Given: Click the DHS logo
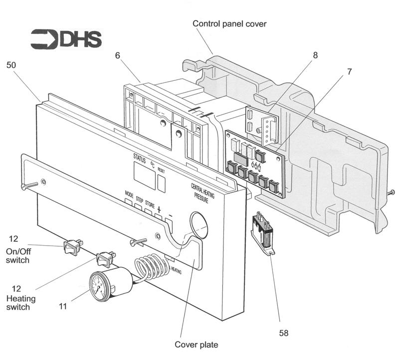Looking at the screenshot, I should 66,39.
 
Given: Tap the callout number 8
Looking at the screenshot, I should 315,55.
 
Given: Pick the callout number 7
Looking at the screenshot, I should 349,71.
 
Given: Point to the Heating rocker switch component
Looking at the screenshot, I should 105,258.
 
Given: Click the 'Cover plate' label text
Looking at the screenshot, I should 196,345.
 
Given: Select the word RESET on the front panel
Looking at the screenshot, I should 161,170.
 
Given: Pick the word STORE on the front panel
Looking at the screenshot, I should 150,203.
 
